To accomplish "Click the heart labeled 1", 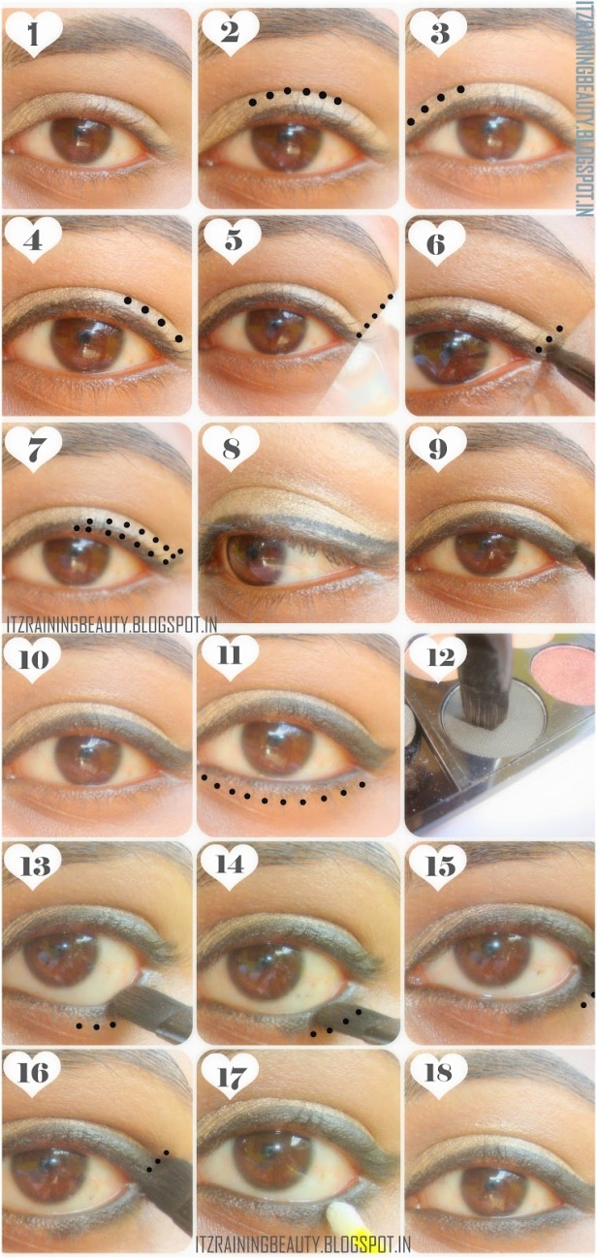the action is tap(33, 34).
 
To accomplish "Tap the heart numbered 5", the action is tap(233, 240).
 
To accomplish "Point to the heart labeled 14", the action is tap(230, 866).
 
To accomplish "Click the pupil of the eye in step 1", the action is tap(81, 140).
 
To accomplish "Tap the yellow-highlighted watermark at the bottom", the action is tap(303, 1243).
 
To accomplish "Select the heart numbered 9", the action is tap(438, 449).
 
